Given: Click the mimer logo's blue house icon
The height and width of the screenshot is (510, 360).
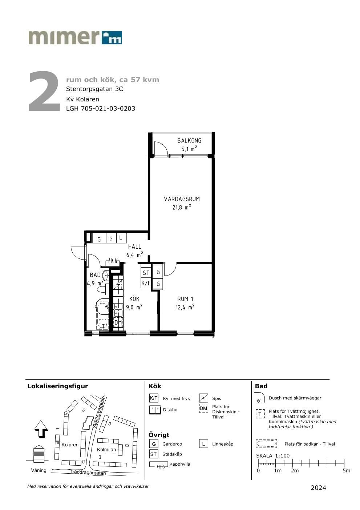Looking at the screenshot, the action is [x=112, y=37].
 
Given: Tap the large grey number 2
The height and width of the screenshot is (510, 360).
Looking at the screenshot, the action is [x=45, y=91].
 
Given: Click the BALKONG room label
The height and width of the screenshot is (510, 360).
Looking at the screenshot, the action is [x=189, y=140].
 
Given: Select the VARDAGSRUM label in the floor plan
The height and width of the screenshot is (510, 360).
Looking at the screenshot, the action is [x=182, y=199].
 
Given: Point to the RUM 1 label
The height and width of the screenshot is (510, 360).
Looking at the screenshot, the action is [x=185, y=299].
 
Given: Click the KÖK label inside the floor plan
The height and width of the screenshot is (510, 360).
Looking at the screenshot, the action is [x=134, y=299].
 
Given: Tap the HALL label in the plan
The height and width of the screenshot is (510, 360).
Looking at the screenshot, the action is [x=134, y=246].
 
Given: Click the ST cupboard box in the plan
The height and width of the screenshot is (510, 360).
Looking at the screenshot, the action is [x=146, y=273].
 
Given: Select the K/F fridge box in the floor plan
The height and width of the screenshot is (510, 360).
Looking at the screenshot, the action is [x=146, y=283].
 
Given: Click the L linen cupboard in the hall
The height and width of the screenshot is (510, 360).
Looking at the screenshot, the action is [x=121, y=238].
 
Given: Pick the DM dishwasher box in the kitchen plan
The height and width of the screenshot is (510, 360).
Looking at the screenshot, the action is [x=118, y=322].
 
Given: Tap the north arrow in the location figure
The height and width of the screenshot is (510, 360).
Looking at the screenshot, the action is [x=41, y=429].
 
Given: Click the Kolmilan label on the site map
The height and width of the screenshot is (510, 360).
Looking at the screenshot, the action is [x=106, y=449].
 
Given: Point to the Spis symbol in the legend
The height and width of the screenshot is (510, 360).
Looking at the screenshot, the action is [x=203, y=398].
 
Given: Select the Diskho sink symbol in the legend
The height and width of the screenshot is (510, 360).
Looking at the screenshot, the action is [x=154, y=410].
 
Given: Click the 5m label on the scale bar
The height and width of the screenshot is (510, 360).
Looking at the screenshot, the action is [x=346, y=470].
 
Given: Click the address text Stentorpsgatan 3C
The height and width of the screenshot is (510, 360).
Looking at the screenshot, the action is [x=94, y=89].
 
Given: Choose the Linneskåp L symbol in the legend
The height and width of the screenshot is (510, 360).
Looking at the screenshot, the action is [x=203, y=444].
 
